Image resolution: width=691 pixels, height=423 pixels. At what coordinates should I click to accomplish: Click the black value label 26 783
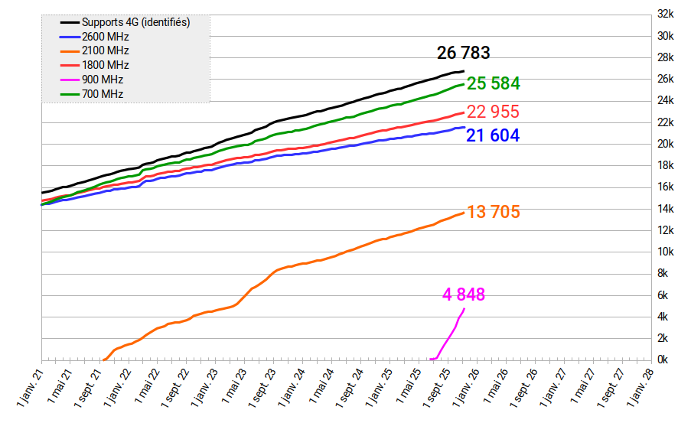point(463,53)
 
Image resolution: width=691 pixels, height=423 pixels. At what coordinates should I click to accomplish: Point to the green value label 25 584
point(494,83)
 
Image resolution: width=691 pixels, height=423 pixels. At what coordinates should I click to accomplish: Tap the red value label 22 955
point(493,112)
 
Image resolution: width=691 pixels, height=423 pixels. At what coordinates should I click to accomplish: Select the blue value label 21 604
point(493,136)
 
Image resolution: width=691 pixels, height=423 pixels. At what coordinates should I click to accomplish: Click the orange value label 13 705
point(494,213)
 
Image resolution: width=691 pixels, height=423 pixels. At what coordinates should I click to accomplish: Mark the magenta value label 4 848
point(464,294)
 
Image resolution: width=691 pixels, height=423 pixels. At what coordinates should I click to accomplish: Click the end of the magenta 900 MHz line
point(464,308)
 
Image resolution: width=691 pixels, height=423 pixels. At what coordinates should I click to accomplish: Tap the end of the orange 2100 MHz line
point(464,213)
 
